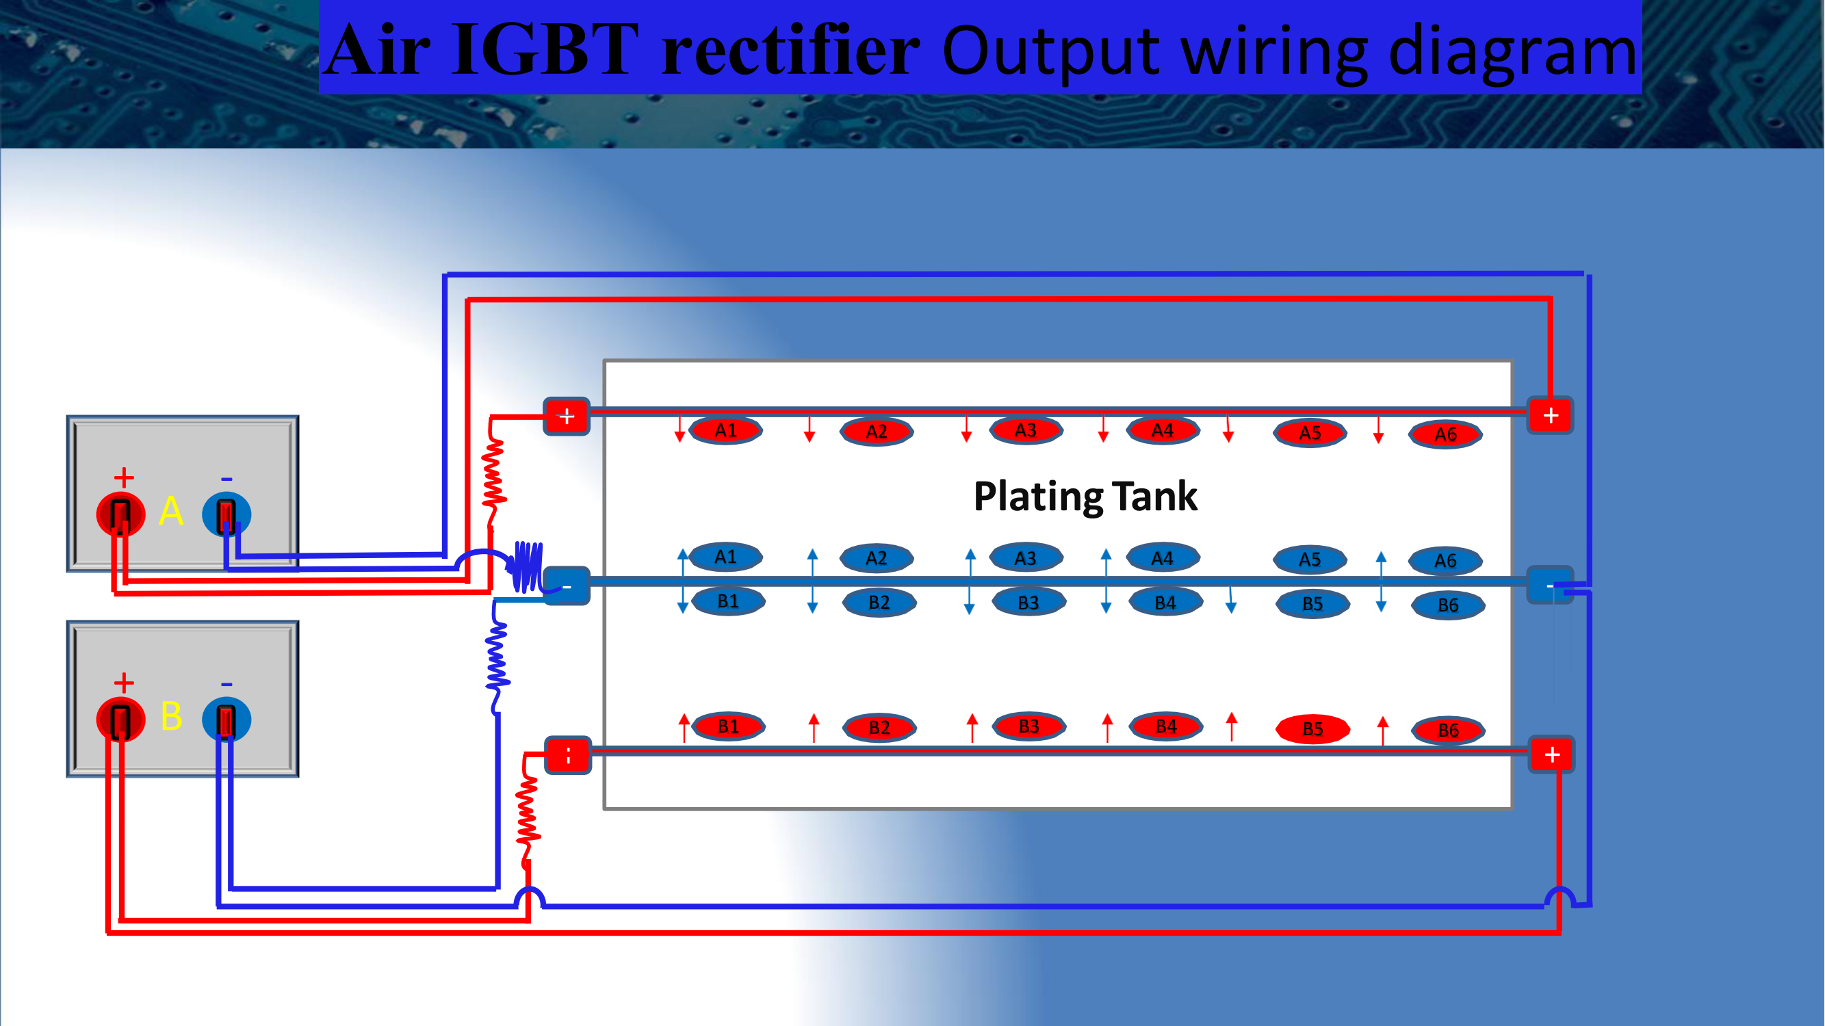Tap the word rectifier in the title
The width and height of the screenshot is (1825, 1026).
[790, 49]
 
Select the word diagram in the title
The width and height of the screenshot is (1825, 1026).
[1512, 52]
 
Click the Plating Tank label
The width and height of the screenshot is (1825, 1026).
[1085, 496]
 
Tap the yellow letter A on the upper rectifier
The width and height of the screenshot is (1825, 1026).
[171, 510]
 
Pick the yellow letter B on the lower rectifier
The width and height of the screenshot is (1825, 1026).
[172, 716]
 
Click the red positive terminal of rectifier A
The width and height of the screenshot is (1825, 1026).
[120, 514]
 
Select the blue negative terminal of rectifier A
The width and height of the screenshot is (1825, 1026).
[226, 514]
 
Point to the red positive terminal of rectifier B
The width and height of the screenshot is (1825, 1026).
[120, 720]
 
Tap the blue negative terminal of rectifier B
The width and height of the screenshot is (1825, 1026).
[226, 720]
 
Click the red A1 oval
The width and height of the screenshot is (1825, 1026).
[725, 430]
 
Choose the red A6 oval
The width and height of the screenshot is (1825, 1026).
[1445, 434]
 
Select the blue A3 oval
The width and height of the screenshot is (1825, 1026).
[1025, 558]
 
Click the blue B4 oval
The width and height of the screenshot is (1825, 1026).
[1165, 603]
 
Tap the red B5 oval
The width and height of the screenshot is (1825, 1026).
[1312, 729]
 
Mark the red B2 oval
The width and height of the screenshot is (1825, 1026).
[879, 727]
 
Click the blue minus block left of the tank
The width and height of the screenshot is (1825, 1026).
[567, 586]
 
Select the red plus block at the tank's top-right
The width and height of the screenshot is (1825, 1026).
[1550, 416]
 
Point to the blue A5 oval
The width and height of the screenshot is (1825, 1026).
[1310, 560]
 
